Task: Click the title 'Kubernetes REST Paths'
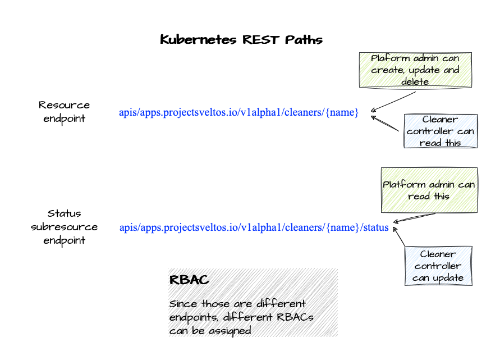point(241,40)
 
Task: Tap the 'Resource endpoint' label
point(64,111)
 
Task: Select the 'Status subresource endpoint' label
point(64,226)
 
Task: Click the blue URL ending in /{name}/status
point(254,227)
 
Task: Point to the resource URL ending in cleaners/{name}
point(238,112)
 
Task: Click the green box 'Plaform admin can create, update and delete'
point(415,70)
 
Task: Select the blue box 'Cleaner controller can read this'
point(441,131)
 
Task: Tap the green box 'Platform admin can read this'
point(429,190)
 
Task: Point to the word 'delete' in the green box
point(415,81)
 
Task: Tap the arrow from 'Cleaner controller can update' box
point(400,236)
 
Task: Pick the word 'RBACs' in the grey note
point(294,317)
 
